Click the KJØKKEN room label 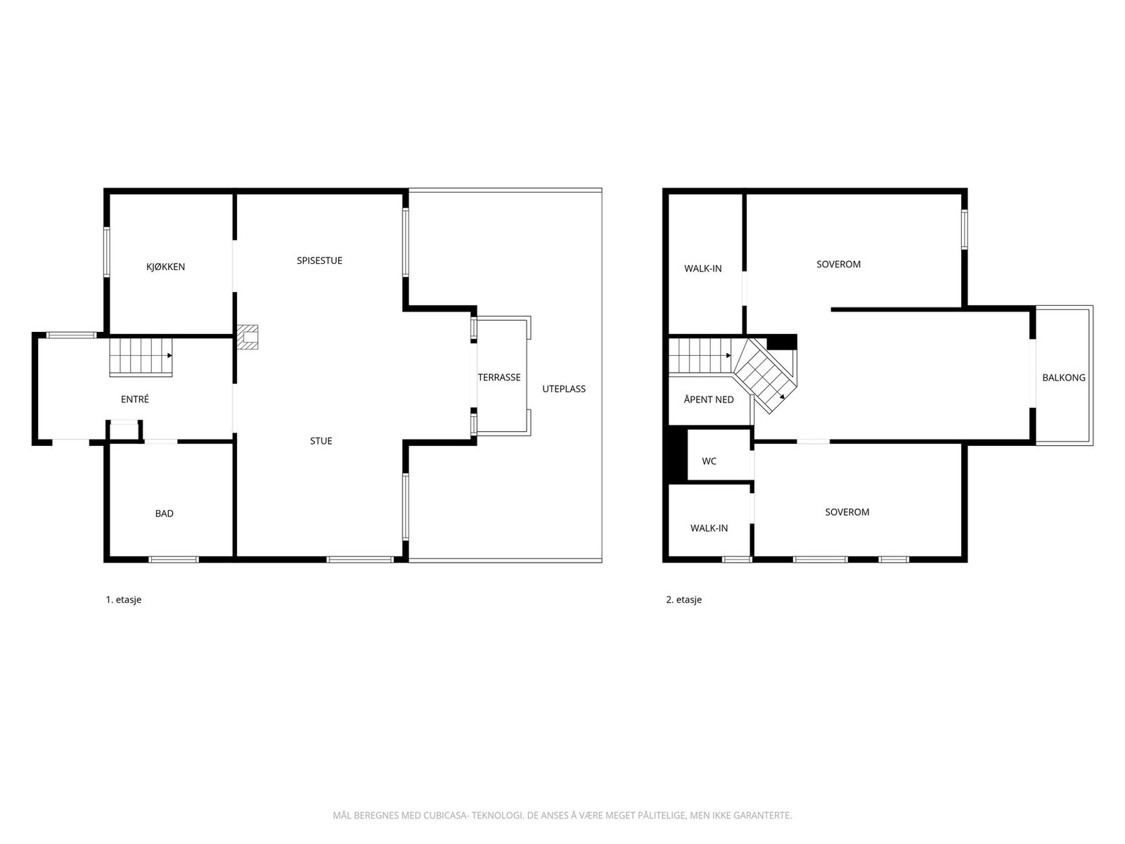[165, 267]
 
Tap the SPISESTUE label [319, 260]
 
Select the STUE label [321, 441]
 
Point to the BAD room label [164, 513]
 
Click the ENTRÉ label [135, 399]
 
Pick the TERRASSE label [499, 377]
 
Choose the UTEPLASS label [564, 388]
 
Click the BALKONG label [1064, 378]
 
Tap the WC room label [709, 461]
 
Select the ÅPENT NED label [708, 399]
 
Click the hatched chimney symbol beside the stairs [247, 337]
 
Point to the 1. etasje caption [124, 599]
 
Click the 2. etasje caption [683, 599]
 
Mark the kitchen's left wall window [107, 252]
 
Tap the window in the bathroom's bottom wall [174, 559]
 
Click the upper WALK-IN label [702, 269]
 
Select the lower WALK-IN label [709, 527]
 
